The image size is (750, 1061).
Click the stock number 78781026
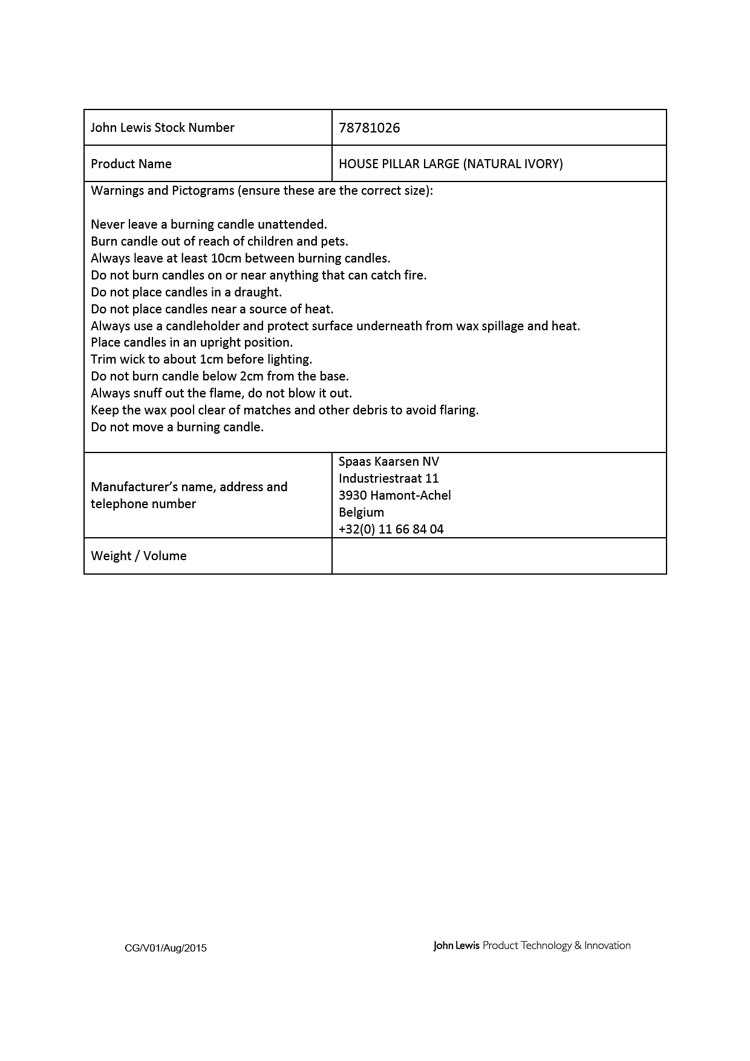pos(369,128)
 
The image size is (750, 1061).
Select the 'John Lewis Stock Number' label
pos(162,128)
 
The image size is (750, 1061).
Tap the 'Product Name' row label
pos(131,164)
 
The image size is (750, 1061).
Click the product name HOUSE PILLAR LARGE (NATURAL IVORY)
pos(451,164)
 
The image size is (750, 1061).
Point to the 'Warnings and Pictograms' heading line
pos(261,191)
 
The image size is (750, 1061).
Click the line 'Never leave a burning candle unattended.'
pos(209,224)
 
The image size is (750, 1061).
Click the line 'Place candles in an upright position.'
pos(192,342)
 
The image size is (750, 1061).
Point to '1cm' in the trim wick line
pos(211,359)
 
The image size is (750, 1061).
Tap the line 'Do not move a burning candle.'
pos(177,427)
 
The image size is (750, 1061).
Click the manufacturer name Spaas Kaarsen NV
pos(388,462)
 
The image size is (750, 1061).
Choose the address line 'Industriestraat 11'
pos(388,478)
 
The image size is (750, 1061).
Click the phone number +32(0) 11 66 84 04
pos(391,529)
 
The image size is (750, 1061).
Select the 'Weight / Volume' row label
pos(139,556)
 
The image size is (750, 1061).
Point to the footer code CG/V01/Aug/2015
pos(165,948)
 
